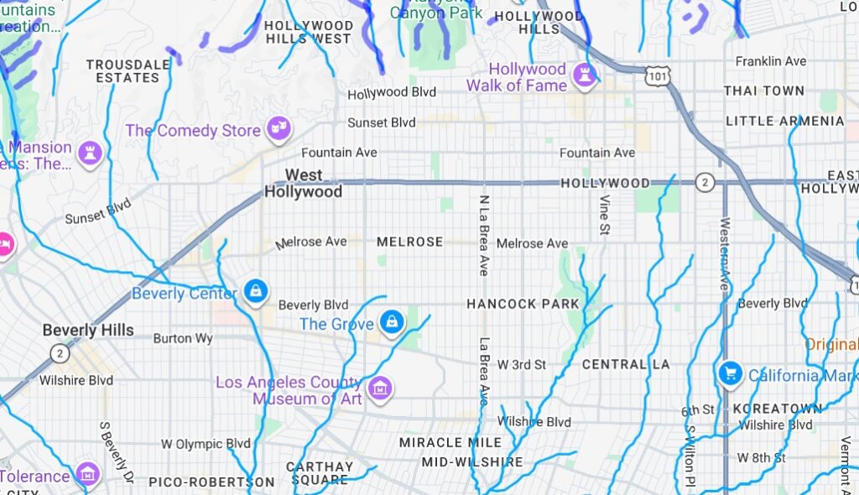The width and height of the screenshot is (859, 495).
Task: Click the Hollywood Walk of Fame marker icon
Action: pyautogui.click(x=584, y=76)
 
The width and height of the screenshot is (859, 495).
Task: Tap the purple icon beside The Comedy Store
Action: pyautogui.click(x=278, y=129)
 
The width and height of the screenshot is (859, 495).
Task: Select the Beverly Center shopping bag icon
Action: pyautogui.click(x=255, y=291)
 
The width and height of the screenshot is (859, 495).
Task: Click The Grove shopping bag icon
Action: pyautogui.click(x=391, y=321)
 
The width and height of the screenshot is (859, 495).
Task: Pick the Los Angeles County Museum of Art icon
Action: pyautogui.click(x=381, y=388)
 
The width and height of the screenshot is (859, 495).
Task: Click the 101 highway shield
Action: pyautogui.click(x=657, y=76)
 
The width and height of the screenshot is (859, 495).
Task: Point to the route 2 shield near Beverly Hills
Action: pyautogui.click(x=59, y=352)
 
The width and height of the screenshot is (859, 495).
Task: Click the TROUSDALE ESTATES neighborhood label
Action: pyautogui.click(x=122, y=70)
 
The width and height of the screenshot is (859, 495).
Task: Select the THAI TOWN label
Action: pyautogui.click(x=763, y=91)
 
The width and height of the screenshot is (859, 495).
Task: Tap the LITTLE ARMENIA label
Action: pyautogui.click(x=784, y=121)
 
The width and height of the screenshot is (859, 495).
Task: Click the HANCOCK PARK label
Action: pyautogui.click(x=523, y=304)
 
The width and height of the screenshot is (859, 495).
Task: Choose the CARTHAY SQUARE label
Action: pyautogui.click(x=320, y=473)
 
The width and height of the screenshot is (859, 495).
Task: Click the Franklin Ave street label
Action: pyautogui.click(x=770, y=61)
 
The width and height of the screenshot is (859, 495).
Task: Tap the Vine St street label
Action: pyautogui.click(x=604, y=214)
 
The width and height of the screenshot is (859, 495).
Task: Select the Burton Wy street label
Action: pyautogui.click(x=183, y=339)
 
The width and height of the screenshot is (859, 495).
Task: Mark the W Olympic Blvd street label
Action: pyautogui.click(x=206, y=443)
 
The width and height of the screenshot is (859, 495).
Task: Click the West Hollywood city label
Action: pyautogui.click(x=303, y=184)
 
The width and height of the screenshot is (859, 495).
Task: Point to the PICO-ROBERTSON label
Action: pyautogui.click(x=211, y=482)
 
